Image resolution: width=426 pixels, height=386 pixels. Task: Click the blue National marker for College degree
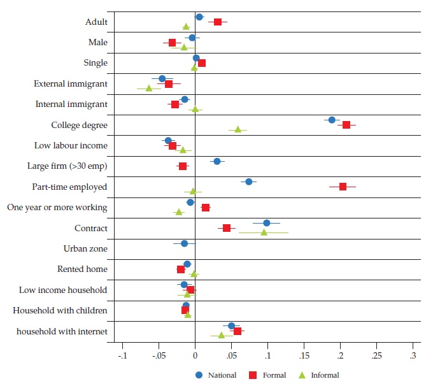[x=332, y=120]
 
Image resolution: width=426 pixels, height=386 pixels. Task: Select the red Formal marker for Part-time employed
[x=343, y=187]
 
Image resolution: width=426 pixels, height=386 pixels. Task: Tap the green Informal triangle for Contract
[x=264, y=232]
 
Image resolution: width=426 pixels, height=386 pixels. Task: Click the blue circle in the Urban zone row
[x=185, y=243]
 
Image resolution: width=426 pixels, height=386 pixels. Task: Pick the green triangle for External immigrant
[x=149, y=89]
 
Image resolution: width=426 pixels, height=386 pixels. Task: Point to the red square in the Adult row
[x=218, y=22]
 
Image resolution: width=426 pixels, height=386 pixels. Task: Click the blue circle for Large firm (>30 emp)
[x=217, y=161]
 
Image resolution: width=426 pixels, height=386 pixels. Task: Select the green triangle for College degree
[x=238, y=129]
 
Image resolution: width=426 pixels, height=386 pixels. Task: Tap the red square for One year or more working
[x=206, y=208]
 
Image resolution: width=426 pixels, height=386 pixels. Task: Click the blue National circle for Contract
[x=267, y=223]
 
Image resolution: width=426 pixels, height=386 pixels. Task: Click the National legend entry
[x=217, y=375]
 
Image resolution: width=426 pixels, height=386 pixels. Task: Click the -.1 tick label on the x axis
[x=122, y=355]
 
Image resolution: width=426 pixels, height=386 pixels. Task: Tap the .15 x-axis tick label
[x=304, y=355]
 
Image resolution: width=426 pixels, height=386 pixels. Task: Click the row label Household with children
[x=60, y=311]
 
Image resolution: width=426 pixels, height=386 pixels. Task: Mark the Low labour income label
[x=71, y=146]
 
